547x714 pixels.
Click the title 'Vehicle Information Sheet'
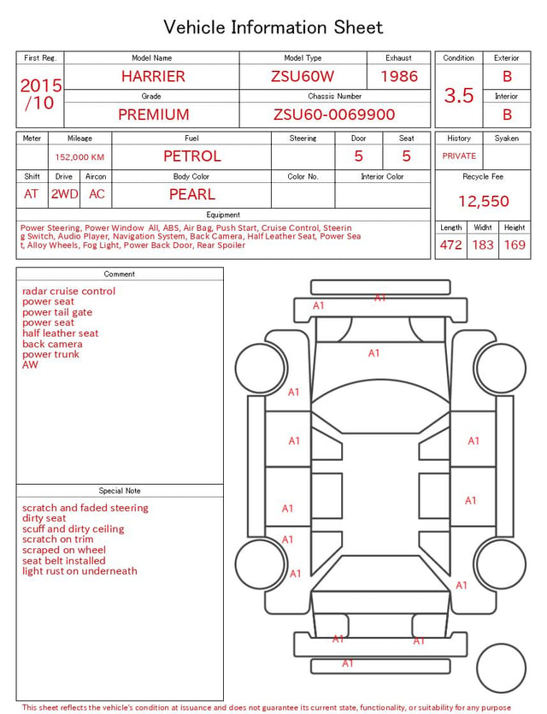pos(273,27)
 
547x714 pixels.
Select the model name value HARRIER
pos(153,76)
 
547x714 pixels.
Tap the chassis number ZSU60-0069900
pos(334,115)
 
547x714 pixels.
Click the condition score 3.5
pos(459,96)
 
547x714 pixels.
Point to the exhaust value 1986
pos(399,76)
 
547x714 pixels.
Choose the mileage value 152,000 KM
pos(79,157)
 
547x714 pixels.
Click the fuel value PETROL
pos(192,156)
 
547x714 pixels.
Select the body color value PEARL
pos(192,194)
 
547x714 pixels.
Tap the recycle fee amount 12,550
pos(483,201)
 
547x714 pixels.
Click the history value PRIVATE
pos(459,156)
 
